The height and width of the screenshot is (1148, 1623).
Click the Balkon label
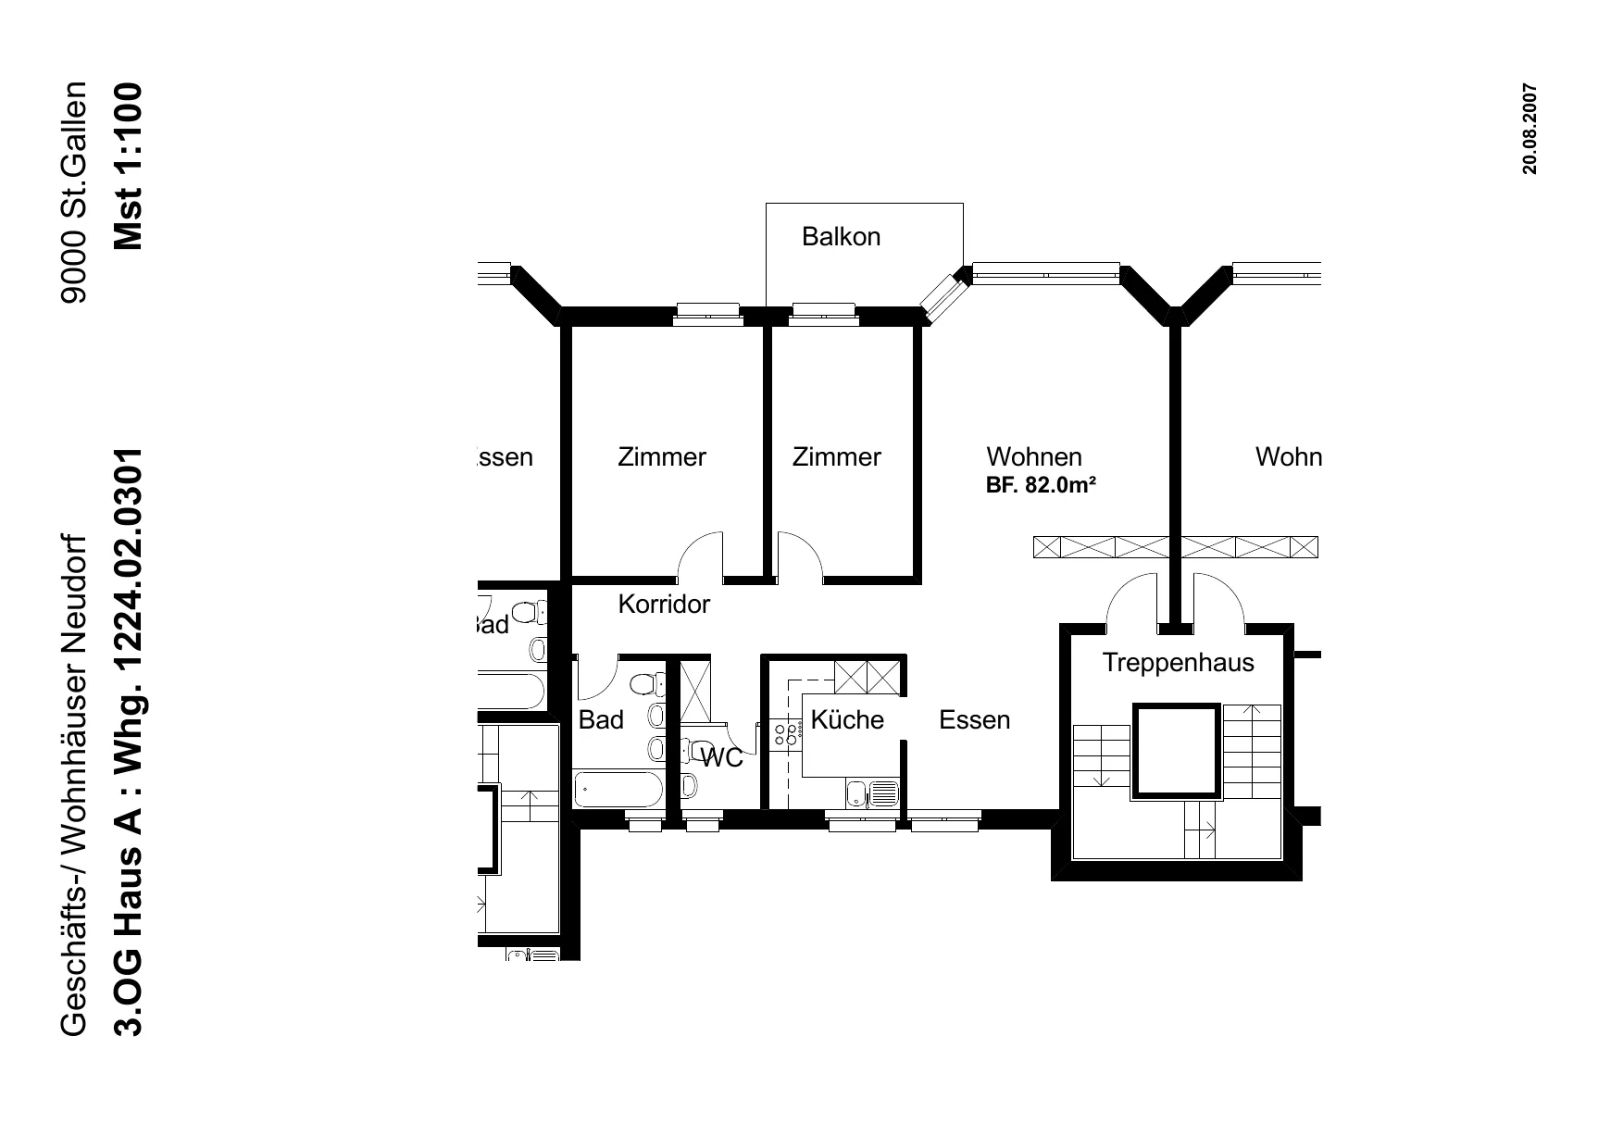841,237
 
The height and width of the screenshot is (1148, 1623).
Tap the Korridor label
664,605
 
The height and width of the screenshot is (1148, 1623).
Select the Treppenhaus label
1178,663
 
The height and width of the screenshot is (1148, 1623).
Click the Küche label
847,719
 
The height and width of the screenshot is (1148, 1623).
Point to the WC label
722,758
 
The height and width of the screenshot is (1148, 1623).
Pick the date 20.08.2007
1529,129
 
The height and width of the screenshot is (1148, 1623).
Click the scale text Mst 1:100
128,167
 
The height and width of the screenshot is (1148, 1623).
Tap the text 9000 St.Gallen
73,193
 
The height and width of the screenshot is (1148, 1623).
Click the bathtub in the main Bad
618,790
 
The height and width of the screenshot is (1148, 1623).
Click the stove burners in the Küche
786,735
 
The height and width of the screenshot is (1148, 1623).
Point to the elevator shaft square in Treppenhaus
1176,751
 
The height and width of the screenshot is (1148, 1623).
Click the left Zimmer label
662,457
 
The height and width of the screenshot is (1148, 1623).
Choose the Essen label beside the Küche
974,720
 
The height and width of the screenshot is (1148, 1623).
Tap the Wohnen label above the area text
1034,457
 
